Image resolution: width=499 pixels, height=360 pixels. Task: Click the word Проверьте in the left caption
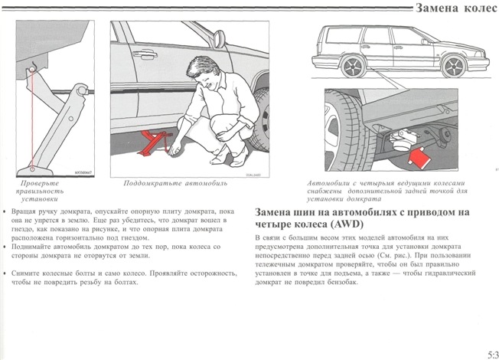[x=38, y=184]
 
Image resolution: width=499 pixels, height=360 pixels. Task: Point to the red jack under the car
[x=155, y=142]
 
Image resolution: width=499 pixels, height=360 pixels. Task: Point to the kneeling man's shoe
[x=222, y=160]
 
